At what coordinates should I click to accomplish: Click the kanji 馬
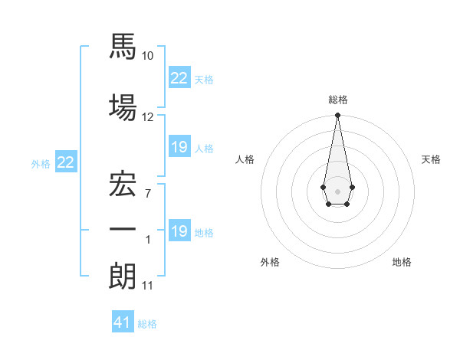[123, 46]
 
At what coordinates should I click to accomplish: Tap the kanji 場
[123, 107]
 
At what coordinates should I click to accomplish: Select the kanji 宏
[123, 184]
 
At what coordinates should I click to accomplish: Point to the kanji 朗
[123, 277]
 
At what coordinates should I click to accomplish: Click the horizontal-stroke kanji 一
[123, 229]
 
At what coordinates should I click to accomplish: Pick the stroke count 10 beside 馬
[147, 56]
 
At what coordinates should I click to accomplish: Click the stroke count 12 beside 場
[147, 117]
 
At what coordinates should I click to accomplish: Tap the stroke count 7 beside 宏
[148, 194]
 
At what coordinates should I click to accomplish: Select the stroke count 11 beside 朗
[147, 286]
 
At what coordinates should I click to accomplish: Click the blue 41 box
[123, 321]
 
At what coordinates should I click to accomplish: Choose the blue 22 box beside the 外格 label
[66, 162]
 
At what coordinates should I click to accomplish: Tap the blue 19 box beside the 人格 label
[180, 146]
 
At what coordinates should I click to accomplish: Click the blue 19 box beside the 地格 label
[180, 230]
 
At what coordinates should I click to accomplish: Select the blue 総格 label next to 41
[147, 324]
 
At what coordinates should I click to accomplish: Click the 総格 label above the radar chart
[338, 100]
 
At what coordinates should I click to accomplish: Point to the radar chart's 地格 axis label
[402, 262]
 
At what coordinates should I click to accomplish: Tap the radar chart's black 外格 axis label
[270, 262]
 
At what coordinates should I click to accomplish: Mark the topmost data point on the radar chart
[337, 115]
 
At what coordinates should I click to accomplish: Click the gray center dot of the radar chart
[337, 191]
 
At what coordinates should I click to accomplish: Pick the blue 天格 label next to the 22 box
[204, 80]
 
